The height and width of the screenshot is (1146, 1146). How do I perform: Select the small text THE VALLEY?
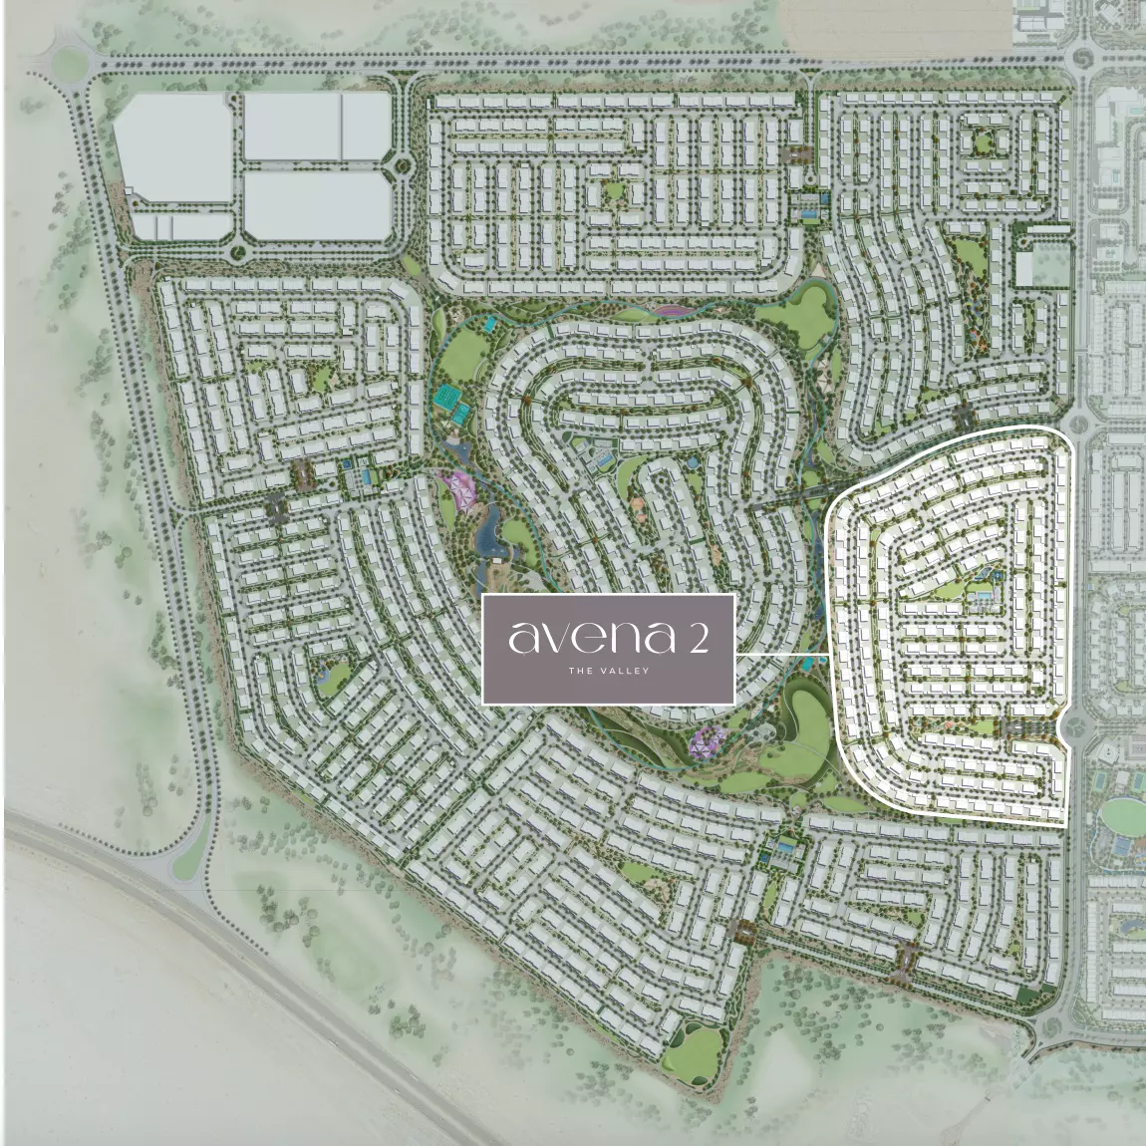(x=608, y=671)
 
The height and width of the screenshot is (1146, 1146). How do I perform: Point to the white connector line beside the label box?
(x=781, y=654)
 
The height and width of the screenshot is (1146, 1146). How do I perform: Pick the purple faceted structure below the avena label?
(x=708, y=740)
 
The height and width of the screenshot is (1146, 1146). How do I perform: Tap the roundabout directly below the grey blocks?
(x=239, y=249)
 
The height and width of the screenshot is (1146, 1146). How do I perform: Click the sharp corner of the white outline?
(x=1065, y=827)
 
